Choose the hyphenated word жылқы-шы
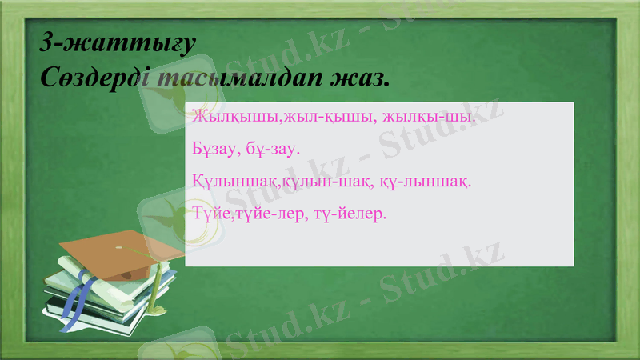tap(430, 117)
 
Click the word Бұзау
tap(214, 149)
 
